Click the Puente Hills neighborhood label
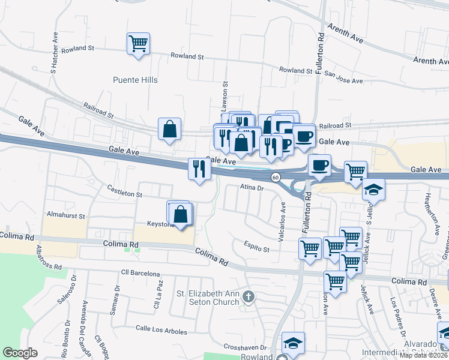[x=135, y=80]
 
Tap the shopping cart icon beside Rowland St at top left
[x=139, y=43]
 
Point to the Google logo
[x=20, y=352]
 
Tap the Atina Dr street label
[x=252, y=188]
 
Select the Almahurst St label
[x=66, y=215]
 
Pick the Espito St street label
[x=256, y=245]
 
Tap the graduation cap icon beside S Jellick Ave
[x=373, y=190]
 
